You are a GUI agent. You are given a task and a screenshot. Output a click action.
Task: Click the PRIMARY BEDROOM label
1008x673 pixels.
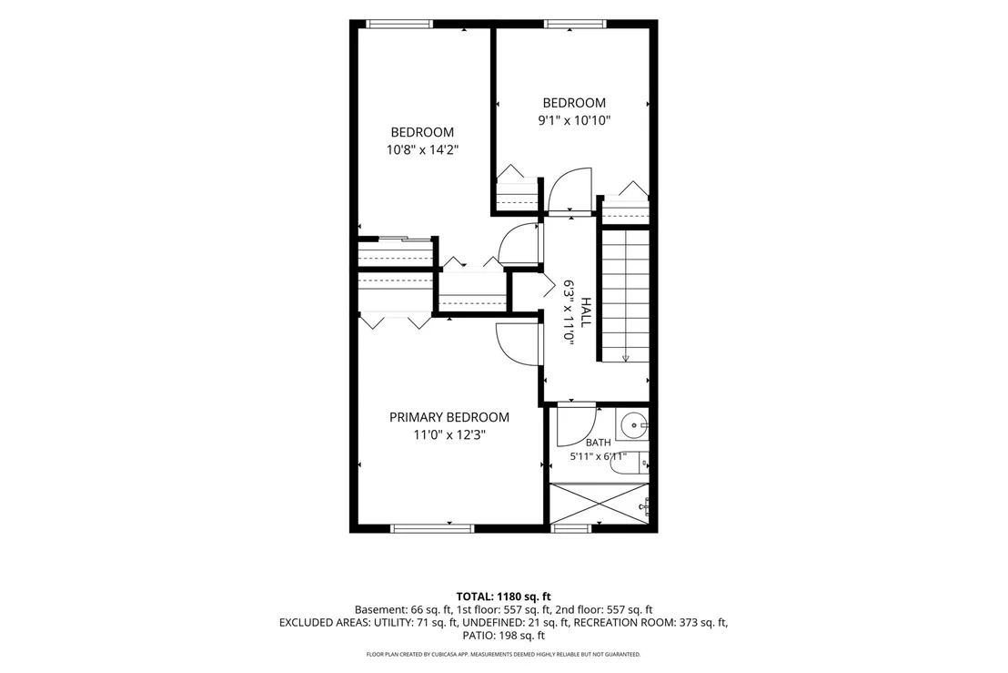pyautogui.click(x=449, y=418)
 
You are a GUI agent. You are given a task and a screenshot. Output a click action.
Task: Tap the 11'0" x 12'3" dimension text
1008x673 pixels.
pyautogui.click(x=449, y=435)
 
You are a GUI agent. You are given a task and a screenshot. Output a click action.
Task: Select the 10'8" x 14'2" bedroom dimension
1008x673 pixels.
pyautogui.click(x=422, y=150)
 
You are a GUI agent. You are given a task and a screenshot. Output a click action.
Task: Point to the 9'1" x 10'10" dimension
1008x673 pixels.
pyautogui.click(x=574, y=120)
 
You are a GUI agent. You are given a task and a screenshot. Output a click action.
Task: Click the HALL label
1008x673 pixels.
pyautogui.click(x=586, y=312)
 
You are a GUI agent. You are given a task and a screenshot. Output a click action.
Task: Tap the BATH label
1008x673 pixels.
pyautogui.click(x=598, y=443)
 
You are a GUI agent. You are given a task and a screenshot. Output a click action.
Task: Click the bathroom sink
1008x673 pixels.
pyautogui.click(x=634, y=424)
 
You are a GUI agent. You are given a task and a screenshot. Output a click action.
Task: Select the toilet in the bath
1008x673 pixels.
pyautogui.click(x=629, y=464)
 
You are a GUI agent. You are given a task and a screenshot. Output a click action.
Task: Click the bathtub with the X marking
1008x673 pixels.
pyautogui.click(x=600, y=504)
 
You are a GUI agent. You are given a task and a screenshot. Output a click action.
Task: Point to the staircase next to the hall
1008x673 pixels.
pyautogui.click(x=626, y=295)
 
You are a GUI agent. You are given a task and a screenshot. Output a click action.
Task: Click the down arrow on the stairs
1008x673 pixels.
pyautogui.click(x=626, y=358)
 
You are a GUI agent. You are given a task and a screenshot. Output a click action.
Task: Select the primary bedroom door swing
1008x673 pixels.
pyautogui.click(x=519, y=344)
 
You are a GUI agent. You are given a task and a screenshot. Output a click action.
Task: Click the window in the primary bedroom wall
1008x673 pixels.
pyautogui.click(x=432, y=529)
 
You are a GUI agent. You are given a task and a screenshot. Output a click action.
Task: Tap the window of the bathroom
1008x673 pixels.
pyautogui.click(x=571, y=529)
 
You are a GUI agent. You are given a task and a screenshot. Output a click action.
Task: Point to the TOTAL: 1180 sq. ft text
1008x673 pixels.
pyautogui.click(x=503, y=597)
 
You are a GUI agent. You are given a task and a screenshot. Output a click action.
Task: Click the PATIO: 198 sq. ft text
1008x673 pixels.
pyautogui.click(x=503, y=636)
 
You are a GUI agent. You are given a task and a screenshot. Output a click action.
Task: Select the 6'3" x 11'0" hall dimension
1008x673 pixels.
pyautogui.click(x=569, y=312)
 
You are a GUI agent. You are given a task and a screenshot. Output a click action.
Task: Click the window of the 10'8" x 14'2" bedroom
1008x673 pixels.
pyautogui.click(x=399, y=24)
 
